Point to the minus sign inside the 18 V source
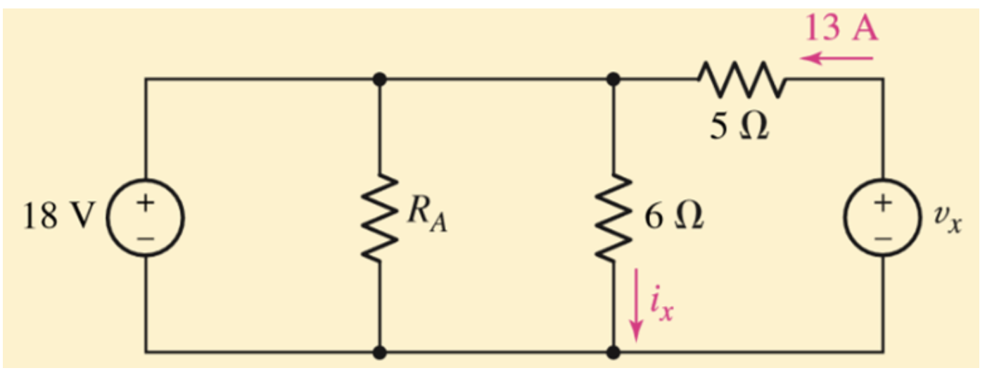point(146,237)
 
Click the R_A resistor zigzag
point(380,217)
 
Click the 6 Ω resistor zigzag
point(613,217)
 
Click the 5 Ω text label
point(739,128)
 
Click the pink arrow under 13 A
point(837,58)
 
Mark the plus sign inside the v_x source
point(883,203)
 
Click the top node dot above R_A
point(380,80)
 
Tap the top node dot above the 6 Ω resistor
point(613,80)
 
